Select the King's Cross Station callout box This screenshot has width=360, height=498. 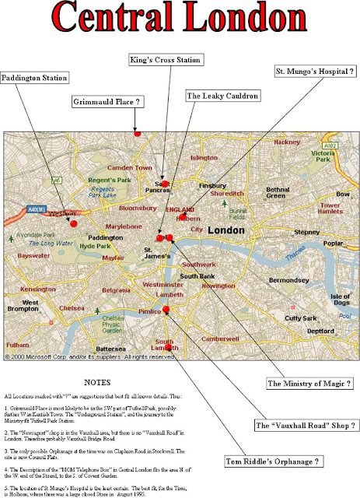coord(165,60)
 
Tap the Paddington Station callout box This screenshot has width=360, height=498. coord(35,78)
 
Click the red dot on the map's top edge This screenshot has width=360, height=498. coord(137,133)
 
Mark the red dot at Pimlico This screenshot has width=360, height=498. coord(165,310)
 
